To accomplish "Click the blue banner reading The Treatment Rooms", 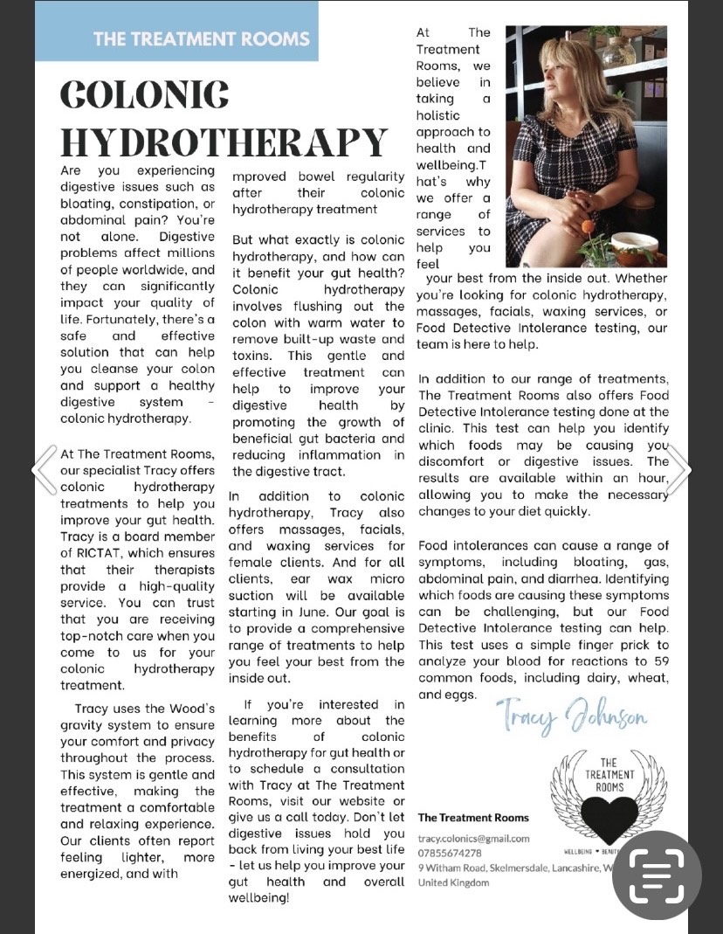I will click(201, 38).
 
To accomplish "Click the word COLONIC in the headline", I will click(145, 93).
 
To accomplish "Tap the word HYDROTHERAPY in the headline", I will click(224, 142).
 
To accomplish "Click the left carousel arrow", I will click(44, 470).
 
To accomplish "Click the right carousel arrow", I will click(679, 470).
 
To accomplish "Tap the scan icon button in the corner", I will click(657, 875).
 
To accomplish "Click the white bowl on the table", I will click(634, 244).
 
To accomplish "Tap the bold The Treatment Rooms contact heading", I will click(473, 818).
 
